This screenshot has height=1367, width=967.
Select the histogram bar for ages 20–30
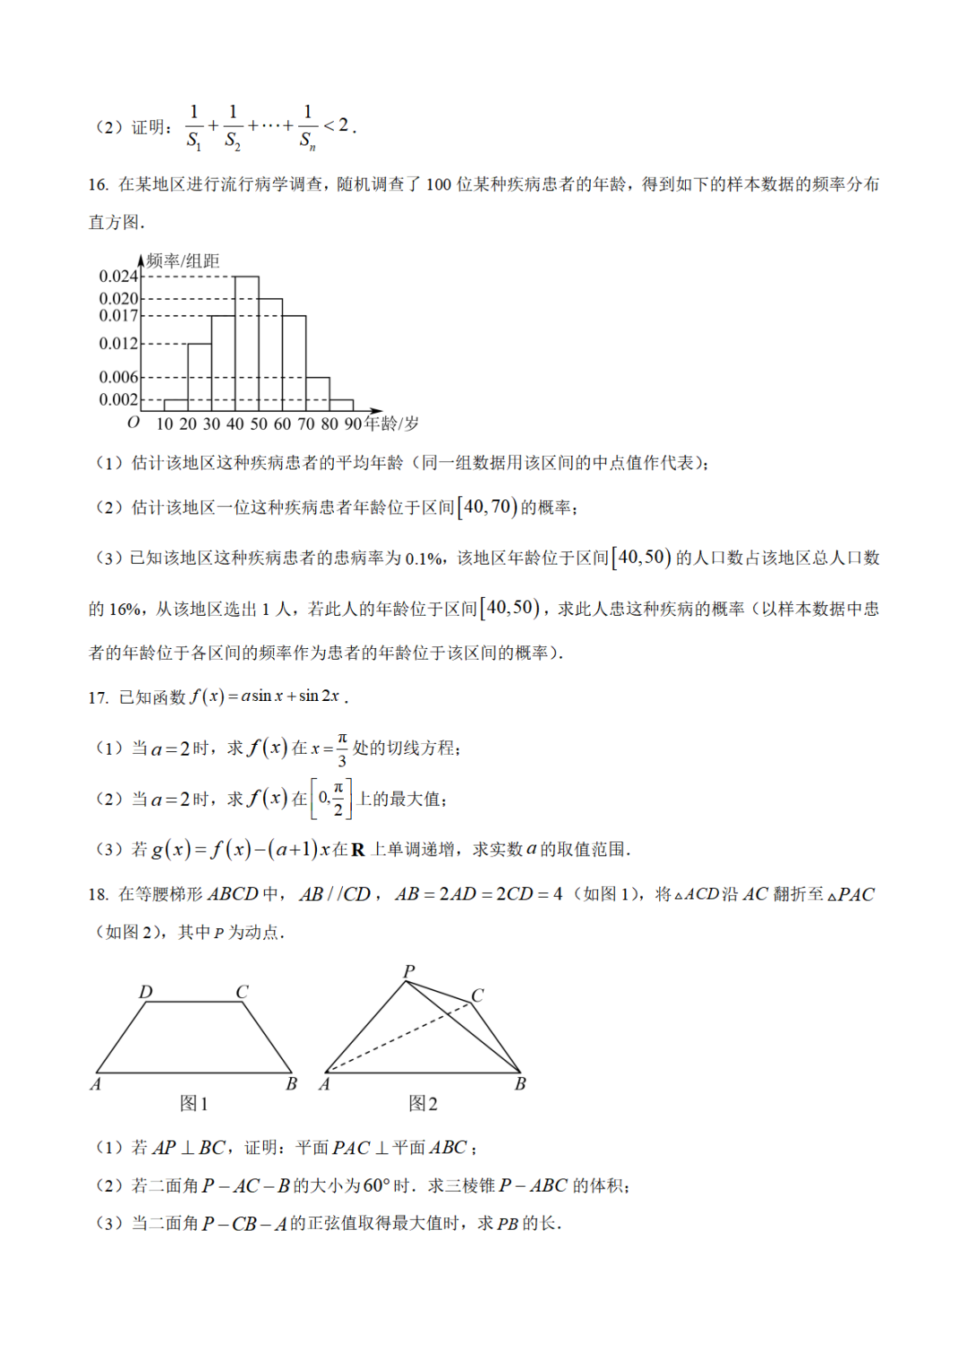[x=200, y=377]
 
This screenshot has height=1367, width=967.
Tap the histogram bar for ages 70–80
[x=317, y=394]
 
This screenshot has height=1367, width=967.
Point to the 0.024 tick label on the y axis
[x=118, y=277]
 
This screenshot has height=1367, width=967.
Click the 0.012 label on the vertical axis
[x=118, y=344]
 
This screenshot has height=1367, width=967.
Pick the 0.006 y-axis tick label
[x=118, y=378]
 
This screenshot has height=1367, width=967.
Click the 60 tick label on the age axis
[x=282, y=424]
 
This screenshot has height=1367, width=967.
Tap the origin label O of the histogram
[x=133, y=423]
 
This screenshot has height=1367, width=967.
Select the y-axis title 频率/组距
[x=184, y=261]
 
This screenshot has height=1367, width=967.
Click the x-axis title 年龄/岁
[x=392, y=423]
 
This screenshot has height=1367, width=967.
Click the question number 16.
[x=98, y=184]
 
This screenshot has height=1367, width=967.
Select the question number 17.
[x=98, y=697]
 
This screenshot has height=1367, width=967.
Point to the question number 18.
[x=98, y=894]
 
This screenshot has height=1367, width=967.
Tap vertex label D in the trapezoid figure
[x=146, y=992]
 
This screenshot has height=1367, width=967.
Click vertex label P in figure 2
[x=409, y=971]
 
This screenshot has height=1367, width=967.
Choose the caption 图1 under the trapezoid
[x=193, y=1104]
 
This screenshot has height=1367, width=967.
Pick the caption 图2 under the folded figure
[x=423, y=1104]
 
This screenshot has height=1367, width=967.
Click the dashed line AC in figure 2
[x=398, y=1037]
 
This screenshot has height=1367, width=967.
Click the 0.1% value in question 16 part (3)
[x=424, y=560]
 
